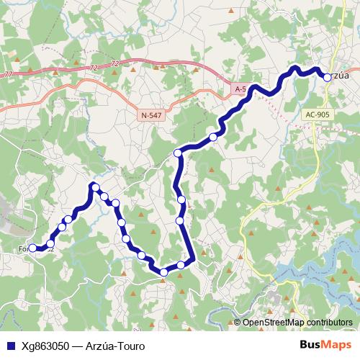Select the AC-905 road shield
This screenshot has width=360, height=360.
[x=319, y=114]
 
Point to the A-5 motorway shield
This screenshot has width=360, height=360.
[x=240, y=89]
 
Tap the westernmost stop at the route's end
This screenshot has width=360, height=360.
[x=32, y=248]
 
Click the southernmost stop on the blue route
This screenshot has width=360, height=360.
[x=163, y=272]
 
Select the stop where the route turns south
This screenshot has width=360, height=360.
[x=178, y=153]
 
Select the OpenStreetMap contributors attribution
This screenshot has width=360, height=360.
[x=297, y=322]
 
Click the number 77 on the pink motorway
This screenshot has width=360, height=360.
[x=7, y=74]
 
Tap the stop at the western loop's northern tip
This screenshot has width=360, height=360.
[x=94, y=187]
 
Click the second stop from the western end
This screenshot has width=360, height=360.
[x=50, y=243]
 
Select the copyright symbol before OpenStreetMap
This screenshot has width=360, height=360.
[x=238, y=322]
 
